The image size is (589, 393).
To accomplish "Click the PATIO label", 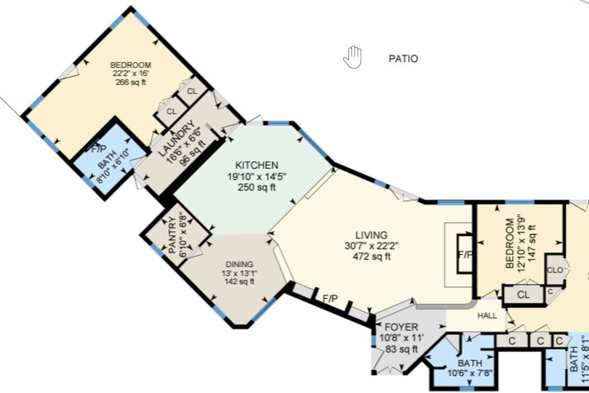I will click(403, 59).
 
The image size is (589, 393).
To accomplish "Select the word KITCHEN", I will click(256, 165).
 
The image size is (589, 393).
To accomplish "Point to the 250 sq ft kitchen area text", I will click(256, 187).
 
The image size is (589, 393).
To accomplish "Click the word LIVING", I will click(371, 235).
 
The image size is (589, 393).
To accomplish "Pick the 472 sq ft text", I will click(371, 257).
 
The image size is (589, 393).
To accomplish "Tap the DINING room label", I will click(239, 264).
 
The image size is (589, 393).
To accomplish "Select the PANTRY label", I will click(173, 235).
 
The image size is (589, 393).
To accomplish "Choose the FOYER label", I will click(401, 327).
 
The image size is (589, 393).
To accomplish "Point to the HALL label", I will click(487, 316).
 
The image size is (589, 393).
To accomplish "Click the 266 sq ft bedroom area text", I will click(131, 82).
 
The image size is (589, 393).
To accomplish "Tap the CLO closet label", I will click(555, 270).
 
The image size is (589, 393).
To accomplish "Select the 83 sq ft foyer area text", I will click(401, 349).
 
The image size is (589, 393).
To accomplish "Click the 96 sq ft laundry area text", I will click(193, 153).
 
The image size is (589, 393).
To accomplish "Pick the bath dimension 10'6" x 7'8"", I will click(470, 373).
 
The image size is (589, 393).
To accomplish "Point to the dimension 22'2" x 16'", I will click(131, 74).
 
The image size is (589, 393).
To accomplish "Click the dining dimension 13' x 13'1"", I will click(239, 273).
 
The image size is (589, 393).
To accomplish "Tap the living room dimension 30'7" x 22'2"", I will click(371, 246).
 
